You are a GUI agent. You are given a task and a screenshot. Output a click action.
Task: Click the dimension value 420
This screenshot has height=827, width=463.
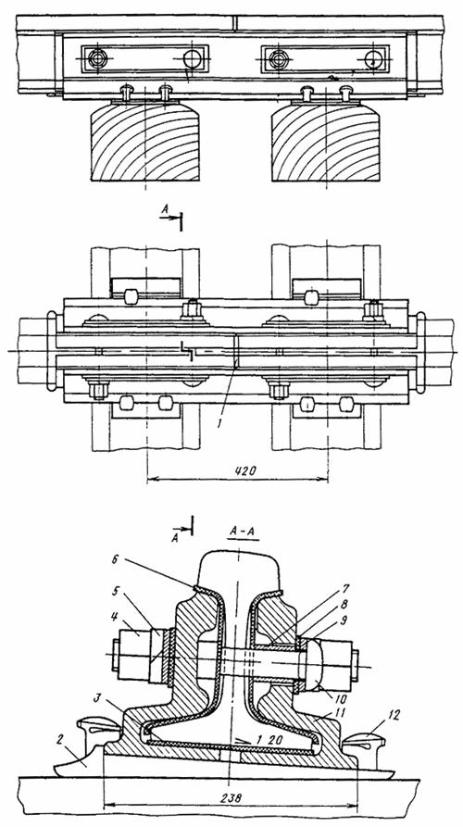244,471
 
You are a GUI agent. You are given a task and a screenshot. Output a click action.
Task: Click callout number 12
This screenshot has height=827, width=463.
394,716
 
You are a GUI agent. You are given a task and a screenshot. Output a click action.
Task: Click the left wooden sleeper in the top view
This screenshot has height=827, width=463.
145,142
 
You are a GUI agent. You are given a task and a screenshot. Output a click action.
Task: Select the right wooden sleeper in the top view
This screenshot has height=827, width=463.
325,142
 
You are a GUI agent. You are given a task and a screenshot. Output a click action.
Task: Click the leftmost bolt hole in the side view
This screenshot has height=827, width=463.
97,58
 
